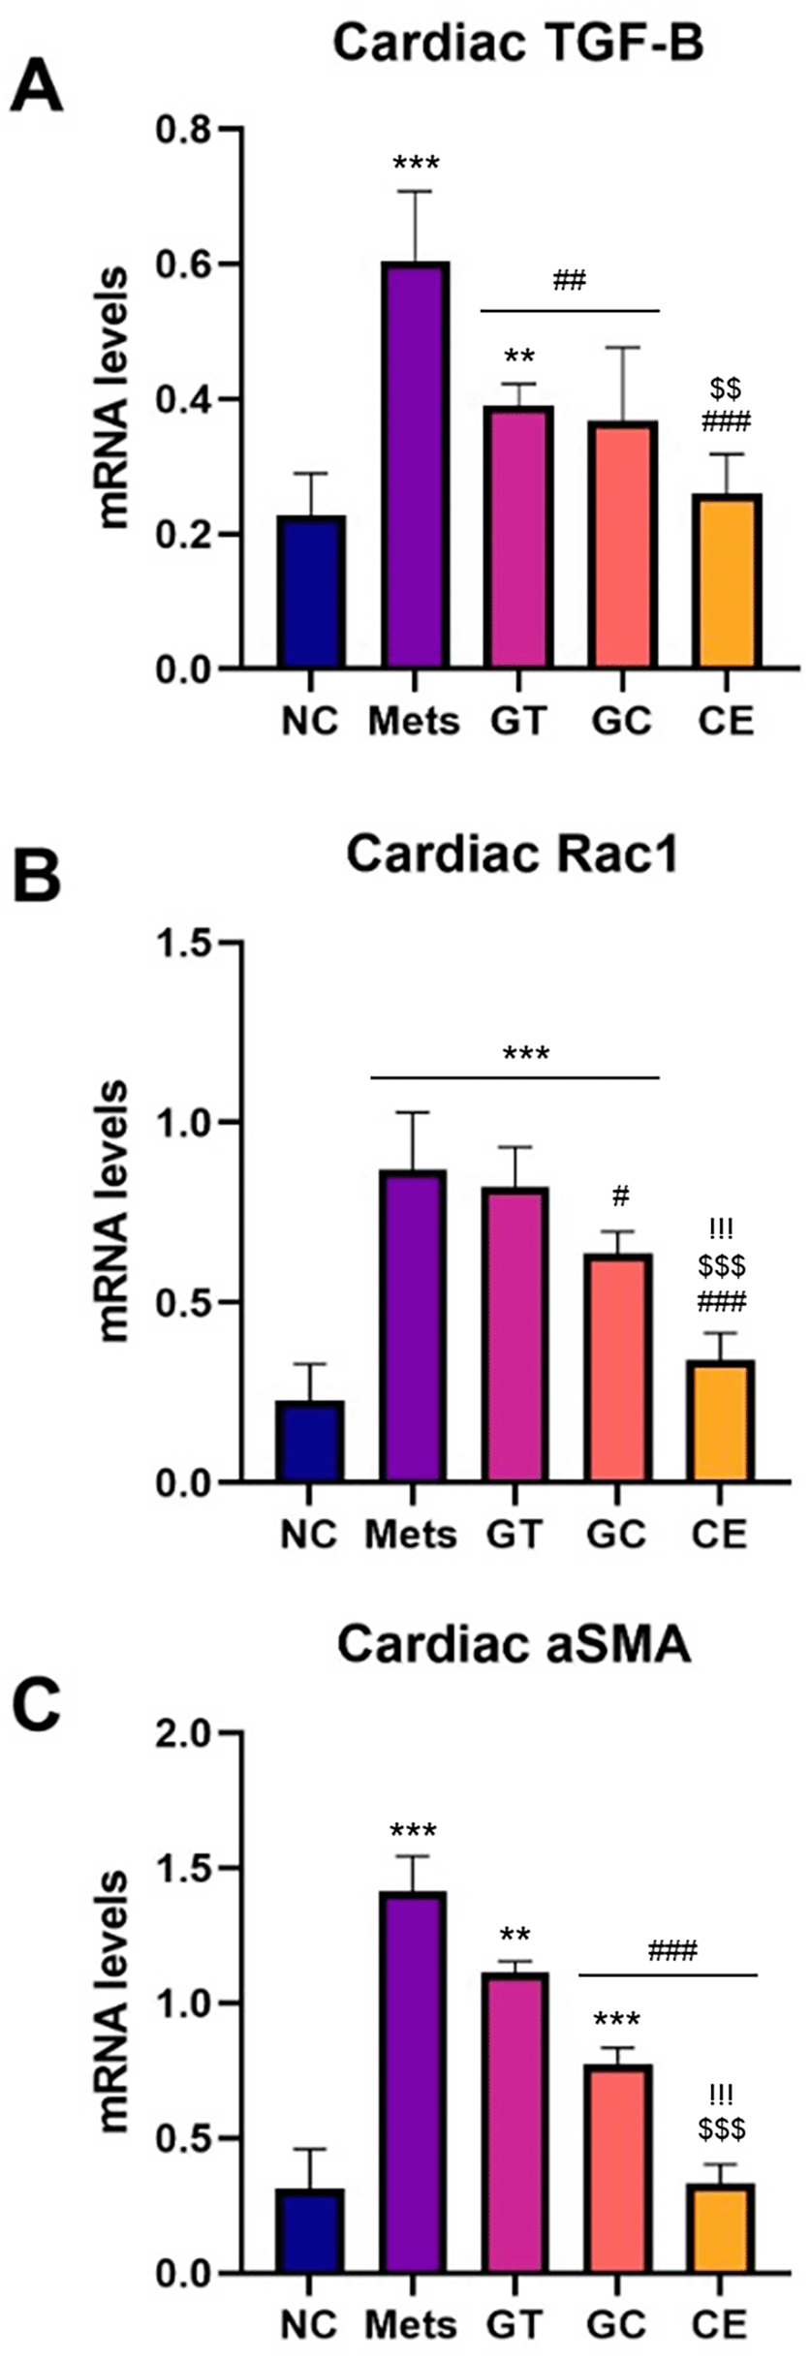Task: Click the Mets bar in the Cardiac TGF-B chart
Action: [416, 464]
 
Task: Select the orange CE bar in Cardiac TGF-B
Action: [728, 580]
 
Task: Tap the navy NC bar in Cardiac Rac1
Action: [309, 1442]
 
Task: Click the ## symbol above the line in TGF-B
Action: [570, 282]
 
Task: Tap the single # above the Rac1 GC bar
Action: [620, 1196]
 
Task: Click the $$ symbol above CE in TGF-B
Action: [726, 389]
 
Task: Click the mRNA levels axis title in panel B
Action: [113, 1212]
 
